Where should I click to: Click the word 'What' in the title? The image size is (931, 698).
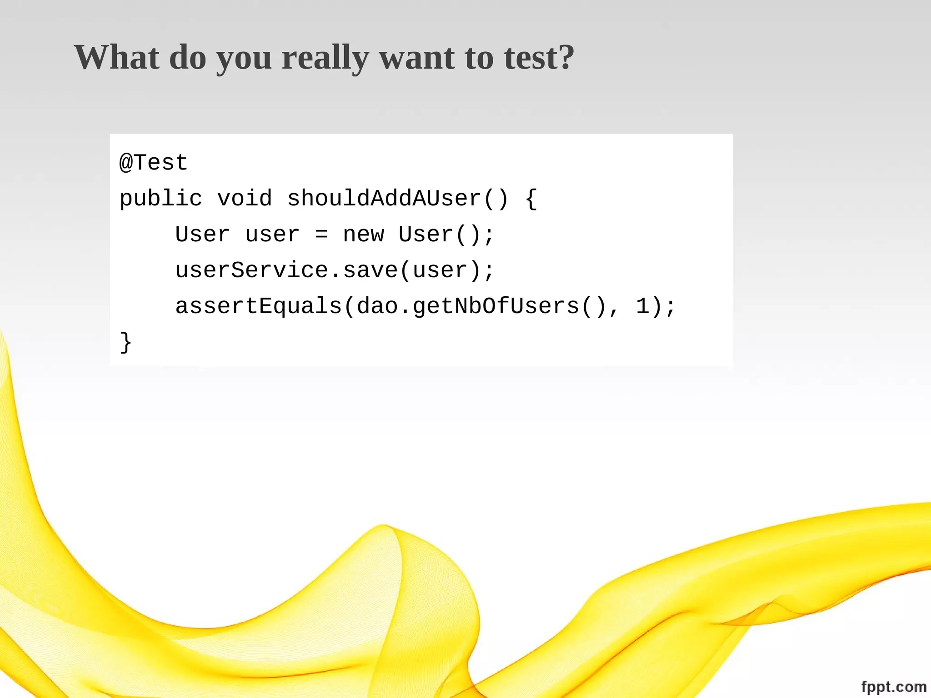(x=117, y=58)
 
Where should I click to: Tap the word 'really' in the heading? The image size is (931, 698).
(x=325, y=58)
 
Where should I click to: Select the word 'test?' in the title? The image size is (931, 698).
(x=539, y=58)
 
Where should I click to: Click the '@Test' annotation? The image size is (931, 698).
(x=154, y=163)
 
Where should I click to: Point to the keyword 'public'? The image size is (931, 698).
(x=160, y=199)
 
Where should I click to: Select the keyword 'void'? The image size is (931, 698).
(x=245, y=199)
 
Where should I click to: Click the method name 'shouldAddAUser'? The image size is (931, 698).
(x=384, y=199)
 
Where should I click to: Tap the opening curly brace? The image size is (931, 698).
(x=531, y=199)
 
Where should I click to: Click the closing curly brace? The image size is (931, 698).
(x=125, y=342)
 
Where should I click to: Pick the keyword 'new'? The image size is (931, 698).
(x=363, y=235)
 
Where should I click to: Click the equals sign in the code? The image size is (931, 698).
(x=321, y=235)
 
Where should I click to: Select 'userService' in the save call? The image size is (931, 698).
(x=251, y=270)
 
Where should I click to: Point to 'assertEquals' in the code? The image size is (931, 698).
(x=258, y=306)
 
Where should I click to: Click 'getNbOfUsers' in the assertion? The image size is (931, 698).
(x=496, y=306)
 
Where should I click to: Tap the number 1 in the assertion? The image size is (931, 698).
(x=642, y=306)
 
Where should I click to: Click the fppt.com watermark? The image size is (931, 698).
(x=893, y=687)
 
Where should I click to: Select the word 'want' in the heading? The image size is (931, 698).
(x=417, y=58)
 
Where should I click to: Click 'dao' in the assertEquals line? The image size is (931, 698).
(x=377, y=306)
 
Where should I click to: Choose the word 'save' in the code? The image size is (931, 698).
(x=370, y=270)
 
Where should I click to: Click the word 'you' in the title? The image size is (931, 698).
(x=244, y=58)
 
